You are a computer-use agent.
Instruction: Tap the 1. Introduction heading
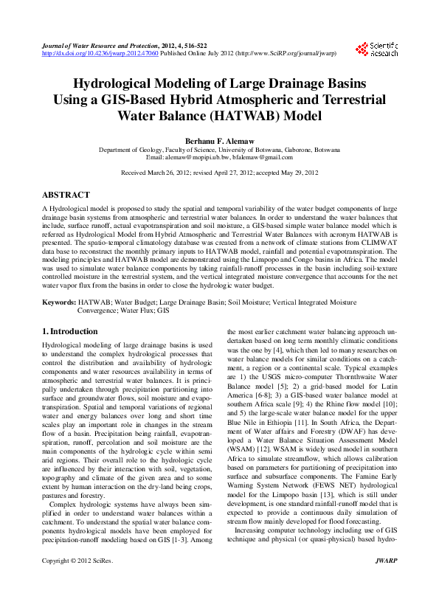pos(70,332)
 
